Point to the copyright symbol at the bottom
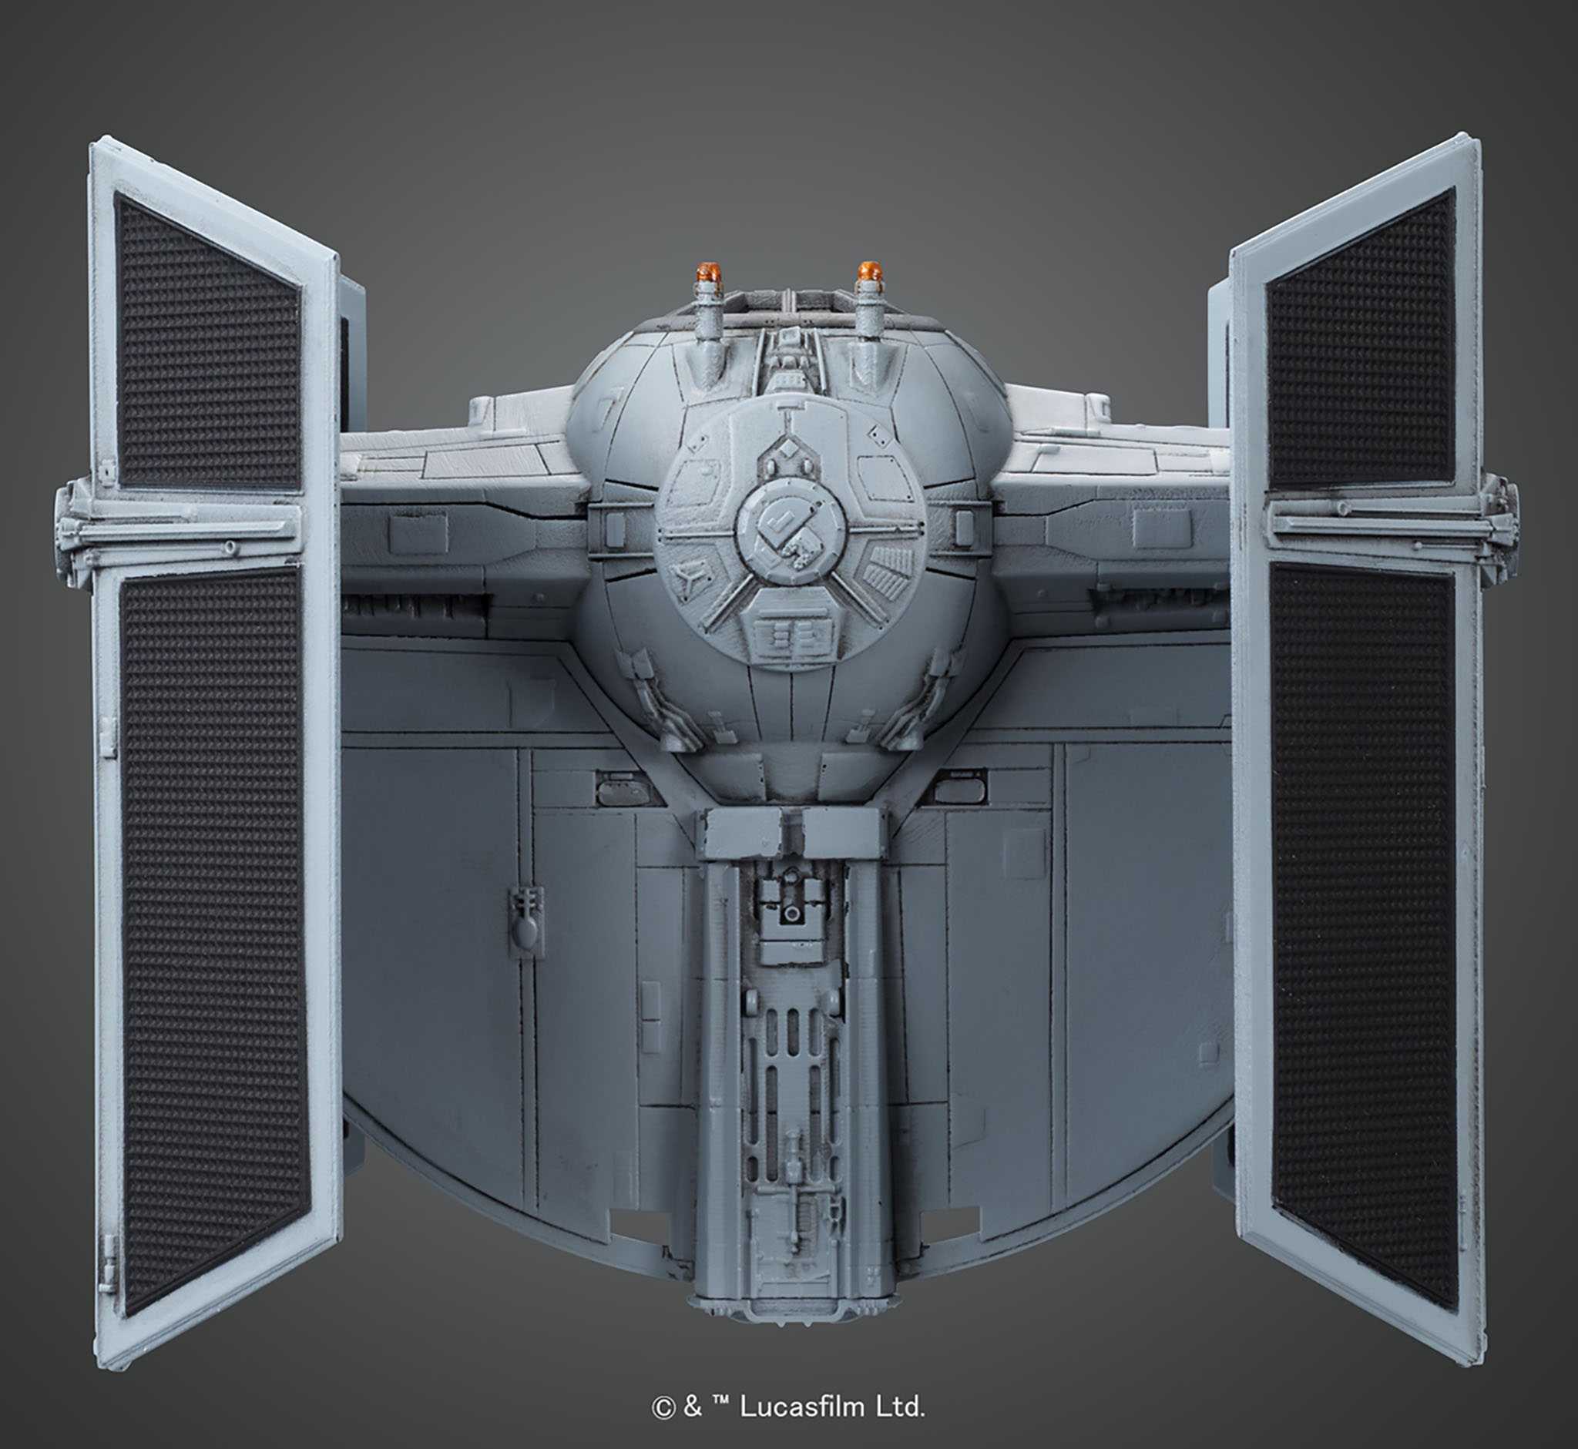tap(663, 1407)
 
